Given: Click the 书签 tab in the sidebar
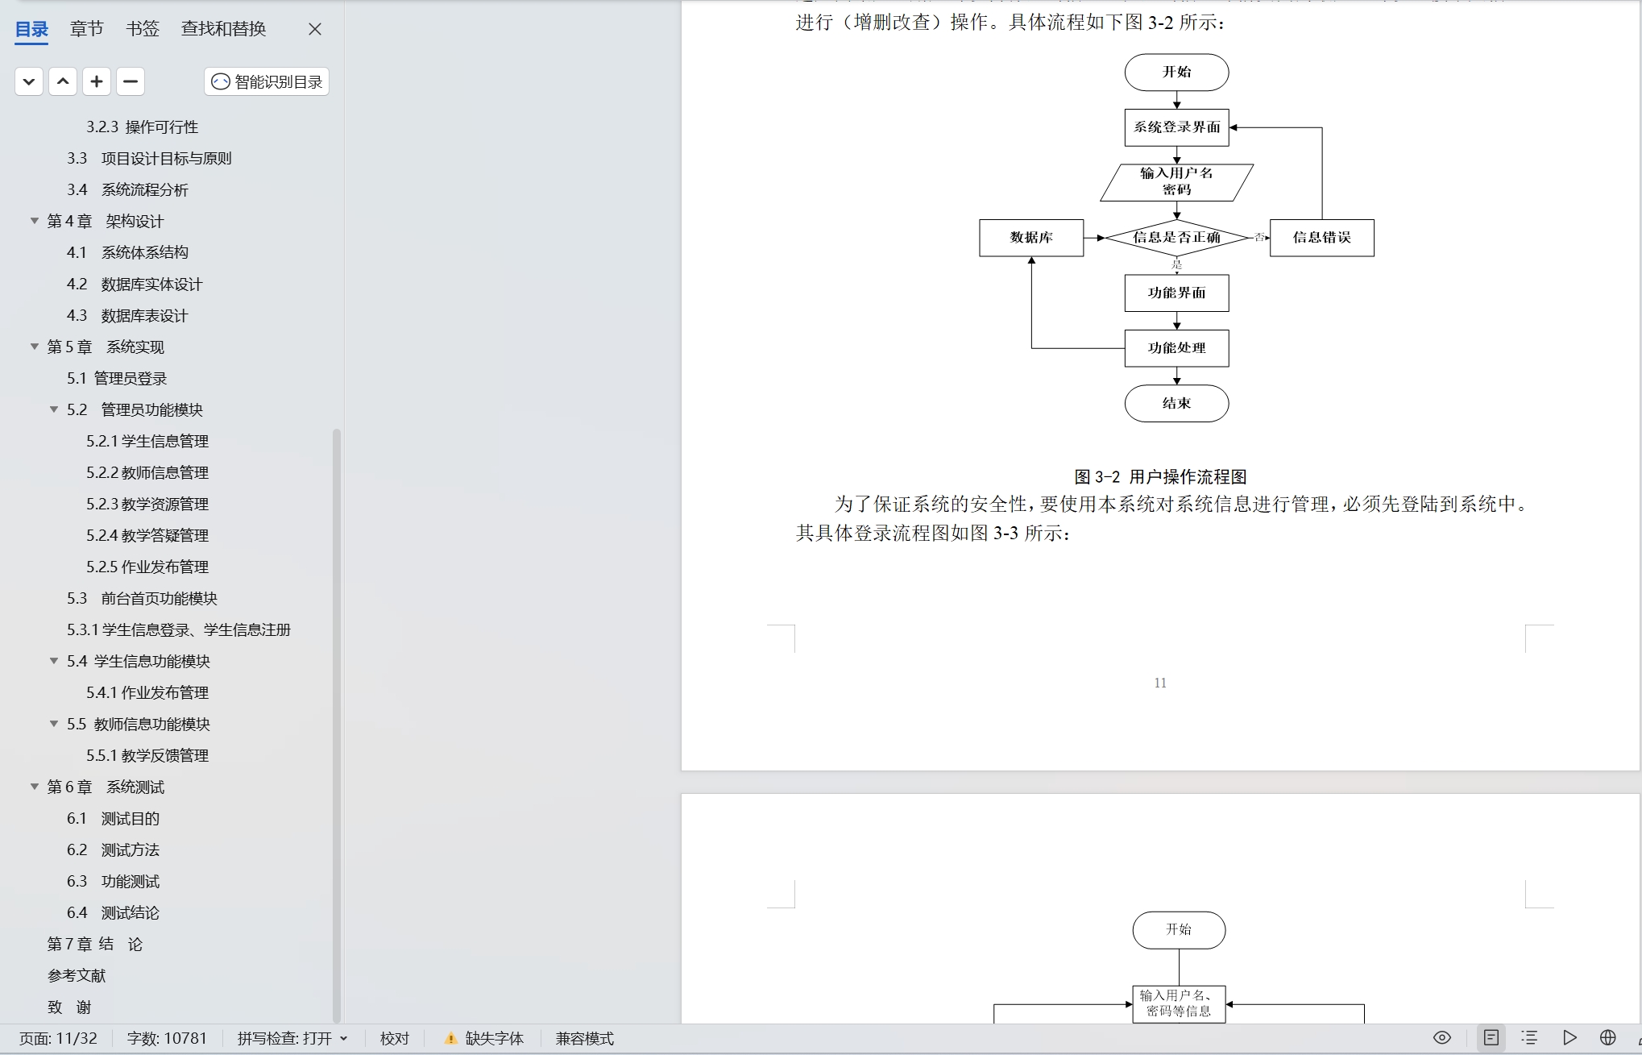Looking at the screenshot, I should [x=143, y=29].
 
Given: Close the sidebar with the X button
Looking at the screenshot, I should [x=315, y=29].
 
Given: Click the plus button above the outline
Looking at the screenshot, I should [x=97, y=81].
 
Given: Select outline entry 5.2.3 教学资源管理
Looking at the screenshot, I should [x=147, y=504].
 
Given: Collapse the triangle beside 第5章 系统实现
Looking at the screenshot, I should [x=35, y=347].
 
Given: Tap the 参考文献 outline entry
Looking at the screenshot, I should [x=77, y=975].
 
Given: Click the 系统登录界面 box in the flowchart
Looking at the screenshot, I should [x=1176, y=127].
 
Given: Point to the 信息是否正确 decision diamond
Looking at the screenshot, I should [x=1176, y=237].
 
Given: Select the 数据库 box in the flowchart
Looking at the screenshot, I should [x=1031, y=238].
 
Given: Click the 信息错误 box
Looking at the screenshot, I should [x=1321, y=238].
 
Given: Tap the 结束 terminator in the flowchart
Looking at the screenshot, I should [x=1176, y=403].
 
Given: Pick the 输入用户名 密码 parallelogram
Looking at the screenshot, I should [x=1176, y=182].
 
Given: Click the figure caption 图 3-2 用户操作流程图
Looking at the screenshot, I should [x=1160, y=476].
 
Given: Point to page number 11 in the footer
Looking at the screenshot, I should [x=1160, y=683].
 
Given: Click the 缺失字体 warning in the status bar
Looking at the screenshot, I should [x=485, y=1038].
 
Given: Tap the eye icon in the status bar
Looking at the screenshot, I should [x=1442, y=1037].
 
